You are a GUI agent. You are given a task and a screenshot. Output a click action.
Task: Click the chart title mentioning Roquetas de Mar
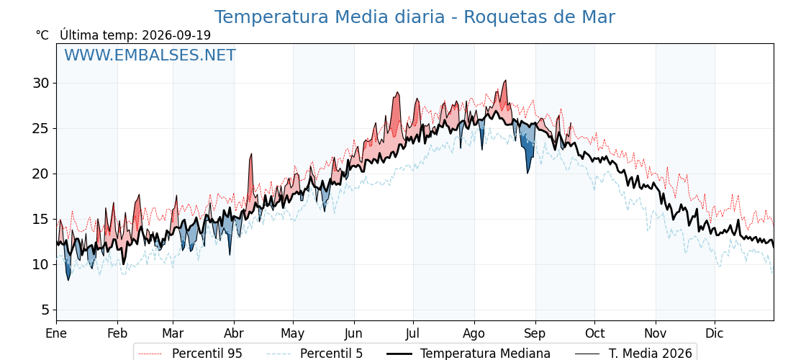coord(415,17)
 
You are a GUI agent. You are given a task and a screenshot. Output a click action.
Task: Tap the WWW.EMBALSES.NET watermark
coord(150,55)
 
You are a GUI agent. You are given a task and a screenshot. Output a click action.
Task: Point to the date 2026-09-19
coord(176,35)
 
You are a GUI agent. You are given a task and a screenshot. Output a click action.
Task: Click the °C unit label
coord(42,35)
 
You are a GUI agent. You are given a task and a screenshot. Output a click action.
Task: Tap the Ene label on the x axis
coord(56,334)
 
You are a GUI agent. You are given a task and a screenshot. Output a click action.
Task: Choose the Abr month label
coord(234,334)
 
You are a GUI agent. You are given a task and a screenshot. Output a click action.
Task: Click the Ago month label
coord(474,334)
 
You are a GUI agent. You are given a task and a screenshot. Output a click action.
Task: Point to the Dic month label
coord(715,334)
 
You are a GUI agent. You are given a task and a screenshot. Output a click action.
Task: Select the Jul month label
coord(413,334)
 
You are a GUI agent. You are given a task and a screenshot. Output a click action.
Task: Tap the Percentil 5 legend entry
coord(314,354)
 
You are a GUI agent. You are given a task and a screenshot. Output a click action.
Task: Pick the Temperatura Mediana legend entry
coord(468,354)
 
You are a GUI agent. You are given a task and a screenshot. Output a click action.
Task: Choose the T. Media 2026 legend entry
coord(633,354)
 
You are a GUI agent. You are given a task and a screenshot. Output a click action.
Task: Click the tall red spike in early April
coord(251,154)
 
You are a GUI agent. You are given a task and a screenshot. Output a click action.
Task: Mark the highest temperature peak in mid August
coord(505,81)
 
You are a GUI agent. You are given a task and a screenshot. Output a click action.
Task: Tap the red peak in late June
coord(397,93)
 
